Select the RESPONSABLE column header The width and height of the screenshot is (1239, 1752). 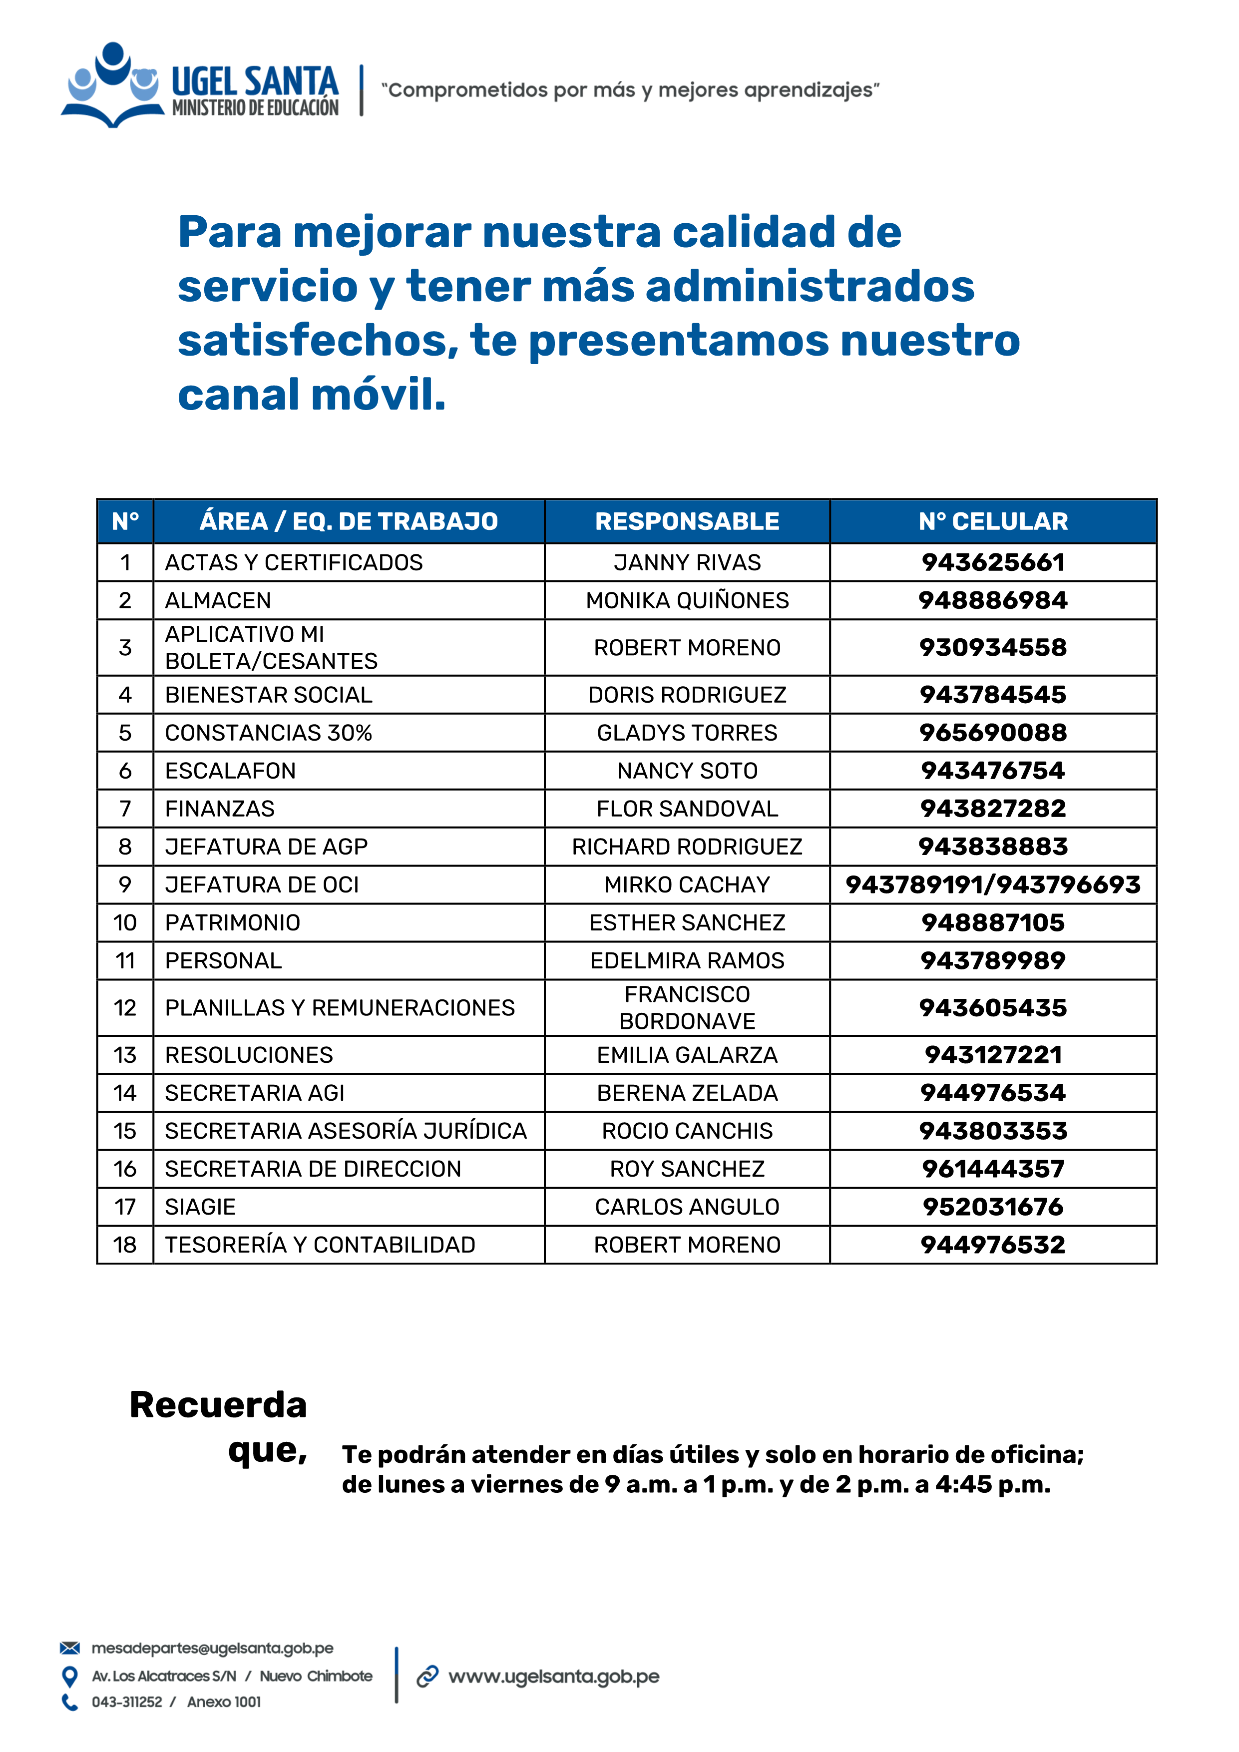687,521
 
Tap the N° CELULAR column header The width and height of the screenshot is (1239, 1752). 993,521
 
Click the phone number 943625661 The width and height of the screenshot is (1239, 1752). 993,562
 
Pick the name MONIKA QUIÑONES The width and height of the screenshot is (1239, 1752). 687,600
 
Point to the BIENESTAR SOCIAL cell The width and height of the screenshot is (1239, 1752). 269,694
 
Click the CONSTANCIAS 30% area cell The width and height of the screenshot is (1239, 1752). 269,733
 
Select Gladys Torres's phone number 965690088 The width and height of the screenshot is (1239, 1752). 993,733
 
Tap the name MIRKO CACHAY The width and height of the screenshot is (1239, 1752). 687,884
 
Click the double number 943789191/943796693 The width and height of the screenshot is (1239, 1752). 993,884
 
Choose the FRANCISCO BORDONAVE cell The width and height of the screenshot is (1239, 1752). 687,1007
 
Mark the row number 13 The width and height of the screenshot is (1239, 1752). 125,1055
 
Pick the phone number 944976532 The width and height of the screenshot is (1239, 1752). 993,1245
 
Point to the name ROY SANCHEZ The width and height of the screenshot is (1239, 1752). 687,1168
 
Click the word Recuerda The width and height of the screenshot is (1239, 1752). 218,1405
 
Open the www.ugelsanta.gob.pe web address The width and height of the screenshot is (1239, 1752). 553,1677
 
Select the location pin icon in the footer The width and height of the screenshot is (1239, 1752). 69,1676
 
